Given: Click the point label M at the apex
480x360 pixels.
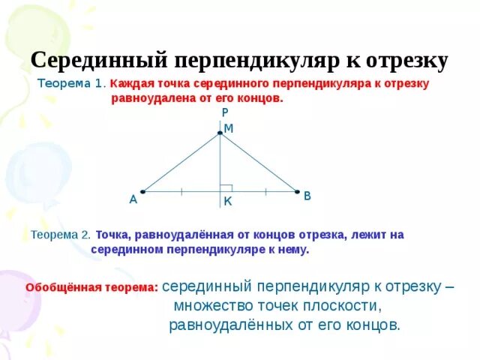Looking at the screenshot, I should (x=229, y=128).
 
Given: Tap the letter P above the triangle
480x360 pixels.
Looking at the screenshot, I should (x=225, y=112).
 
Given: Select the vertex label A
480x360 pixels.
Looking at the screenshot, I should (x=133, y=199).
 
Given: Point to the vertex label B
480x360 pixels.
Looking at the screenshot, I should (x=307, y=196).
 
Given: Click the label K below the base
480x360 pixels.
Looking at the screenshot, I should (x=227, y=202).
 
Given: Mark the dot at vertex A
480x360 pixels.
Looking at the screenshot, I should (x=141, y=191).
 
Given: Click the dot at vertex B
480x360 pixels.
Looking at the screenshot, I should (x=297, y=191).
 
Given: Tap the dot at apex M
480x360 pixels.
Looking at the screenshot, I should (x=220, y=133).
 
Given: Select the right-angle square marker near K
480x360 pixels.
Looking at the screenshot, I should (x=226, y=187).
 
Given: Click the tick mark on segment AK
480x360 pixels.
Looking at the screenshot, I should (x=181, y=191).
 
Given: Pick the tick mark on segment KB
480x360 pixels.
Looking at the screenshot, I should (x=265, y=191).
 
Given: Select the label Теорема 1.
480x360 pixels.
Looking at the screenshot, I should (x=72, y=84).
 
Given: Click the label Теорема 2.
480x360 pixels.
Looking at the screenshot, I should (x=61, y=234).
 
